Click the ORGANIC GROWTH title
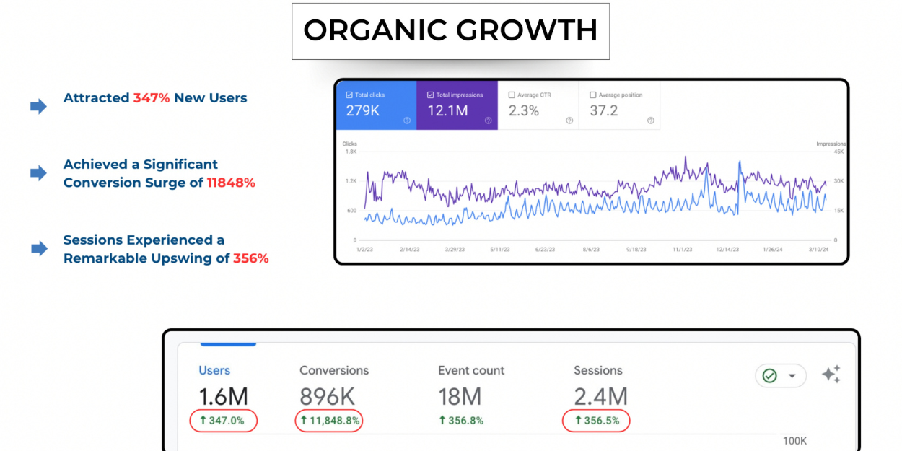point(450,31)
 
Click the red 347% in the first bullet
point(151,98)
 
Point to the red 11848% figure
point(231,183)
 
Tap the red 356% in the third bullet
point(250,258)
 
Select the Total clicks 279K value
point(362,111)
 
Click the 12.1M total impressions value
point(447,111)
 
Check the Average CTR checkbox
point(512,95)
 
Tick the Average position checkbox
point(593,95)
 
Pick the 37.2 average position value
point(604,111)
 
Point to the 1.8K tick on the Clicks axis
point(351,152)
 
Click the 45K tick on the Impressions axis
point(839,152)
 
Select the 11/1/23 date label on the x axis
point(681,250)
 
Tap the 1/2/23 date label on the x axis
point(366,250)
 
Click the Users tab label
point(214,371)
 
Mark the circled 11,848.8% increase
point(329,421)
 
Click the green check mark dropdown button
point(780,376)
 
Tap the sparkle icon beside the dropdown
point(831,375)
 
